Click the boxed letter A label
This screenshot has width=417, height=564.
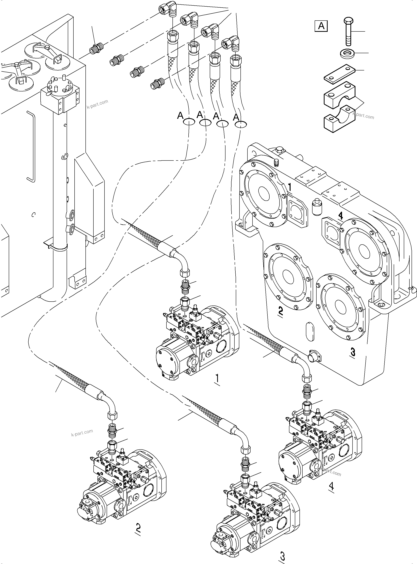[321, 26]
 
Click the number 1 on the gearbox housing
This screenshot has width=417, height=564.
[290, 187]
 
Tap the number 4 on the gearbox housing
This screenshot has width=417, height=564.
[340, 216]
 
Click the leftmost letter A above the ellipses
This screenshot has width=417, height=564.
[180, 115]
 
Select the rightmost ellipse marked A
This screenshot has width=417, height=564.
[241, 124]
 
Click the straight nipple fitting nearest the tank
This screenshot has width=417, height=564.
[96, 48]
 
